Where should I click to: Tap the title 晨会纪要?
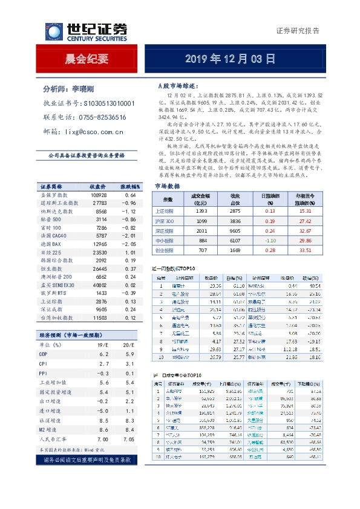click(87, 59)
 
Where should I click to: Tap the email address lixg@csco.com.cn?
click(93, 131)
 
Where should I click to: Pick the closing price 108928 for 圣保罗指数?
click(99, 196)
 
